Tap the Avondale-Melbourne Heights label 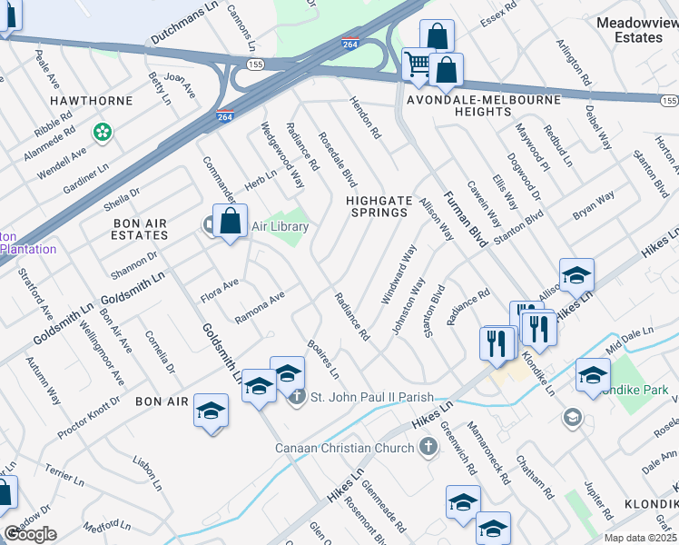(459, 104)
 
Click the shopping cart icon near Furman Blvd (418, 64)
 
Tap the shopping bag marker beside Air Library (231, 221)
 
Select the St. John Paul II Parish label (371, 396)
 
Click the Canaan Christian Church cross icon (428, 447)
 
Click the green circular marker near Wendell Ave (103, 133)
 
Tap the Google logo (30, 534)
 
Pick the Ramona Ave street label (260, 307)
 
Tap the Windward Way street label (399, 273)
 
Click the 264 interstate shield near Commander (226, 117)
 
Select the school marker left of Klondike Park (592, 372)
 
